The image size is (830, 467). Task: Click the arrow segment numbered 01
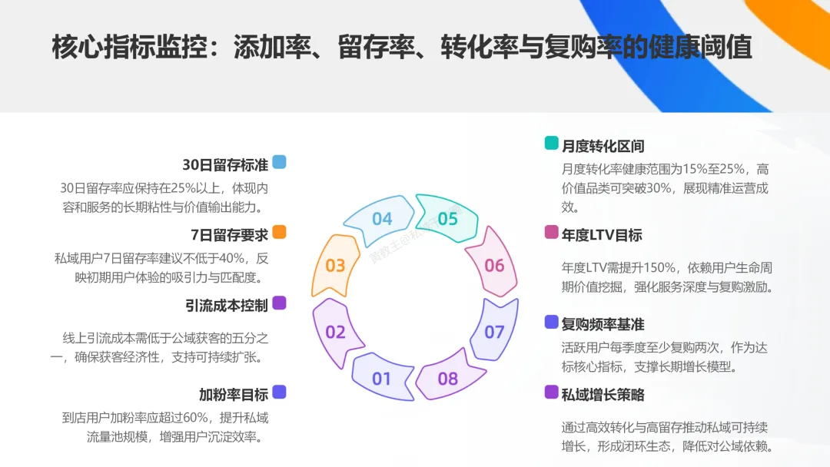382,378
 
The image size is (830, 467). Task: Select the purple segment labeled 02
336,332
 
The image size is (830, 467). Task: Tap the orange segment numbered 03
336,266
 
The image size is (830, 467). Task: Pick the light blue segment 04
382,219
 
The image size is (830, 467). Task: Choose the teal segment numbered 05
447,219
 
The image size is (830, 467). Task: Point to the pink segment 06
494,266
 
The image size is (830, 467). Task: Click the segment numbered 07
494,332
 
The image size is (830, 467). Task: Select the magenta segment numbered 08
447,378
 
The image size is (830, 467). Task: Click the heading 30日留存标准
225,165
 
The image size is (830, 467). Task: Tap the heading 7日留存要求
229,235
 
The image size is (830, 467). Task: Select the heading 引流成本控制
227,306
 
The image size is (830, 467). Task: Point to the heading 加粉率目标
234,395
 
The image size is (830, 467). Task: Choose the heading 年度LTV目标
602,235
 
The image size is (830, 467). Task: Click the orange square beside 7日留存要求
279,232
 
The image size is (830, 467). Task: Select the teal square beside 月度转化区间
551,143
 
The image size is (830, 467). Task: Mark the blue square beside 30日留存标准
279,162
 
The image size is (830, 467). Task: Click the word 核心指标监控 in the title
130,48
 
